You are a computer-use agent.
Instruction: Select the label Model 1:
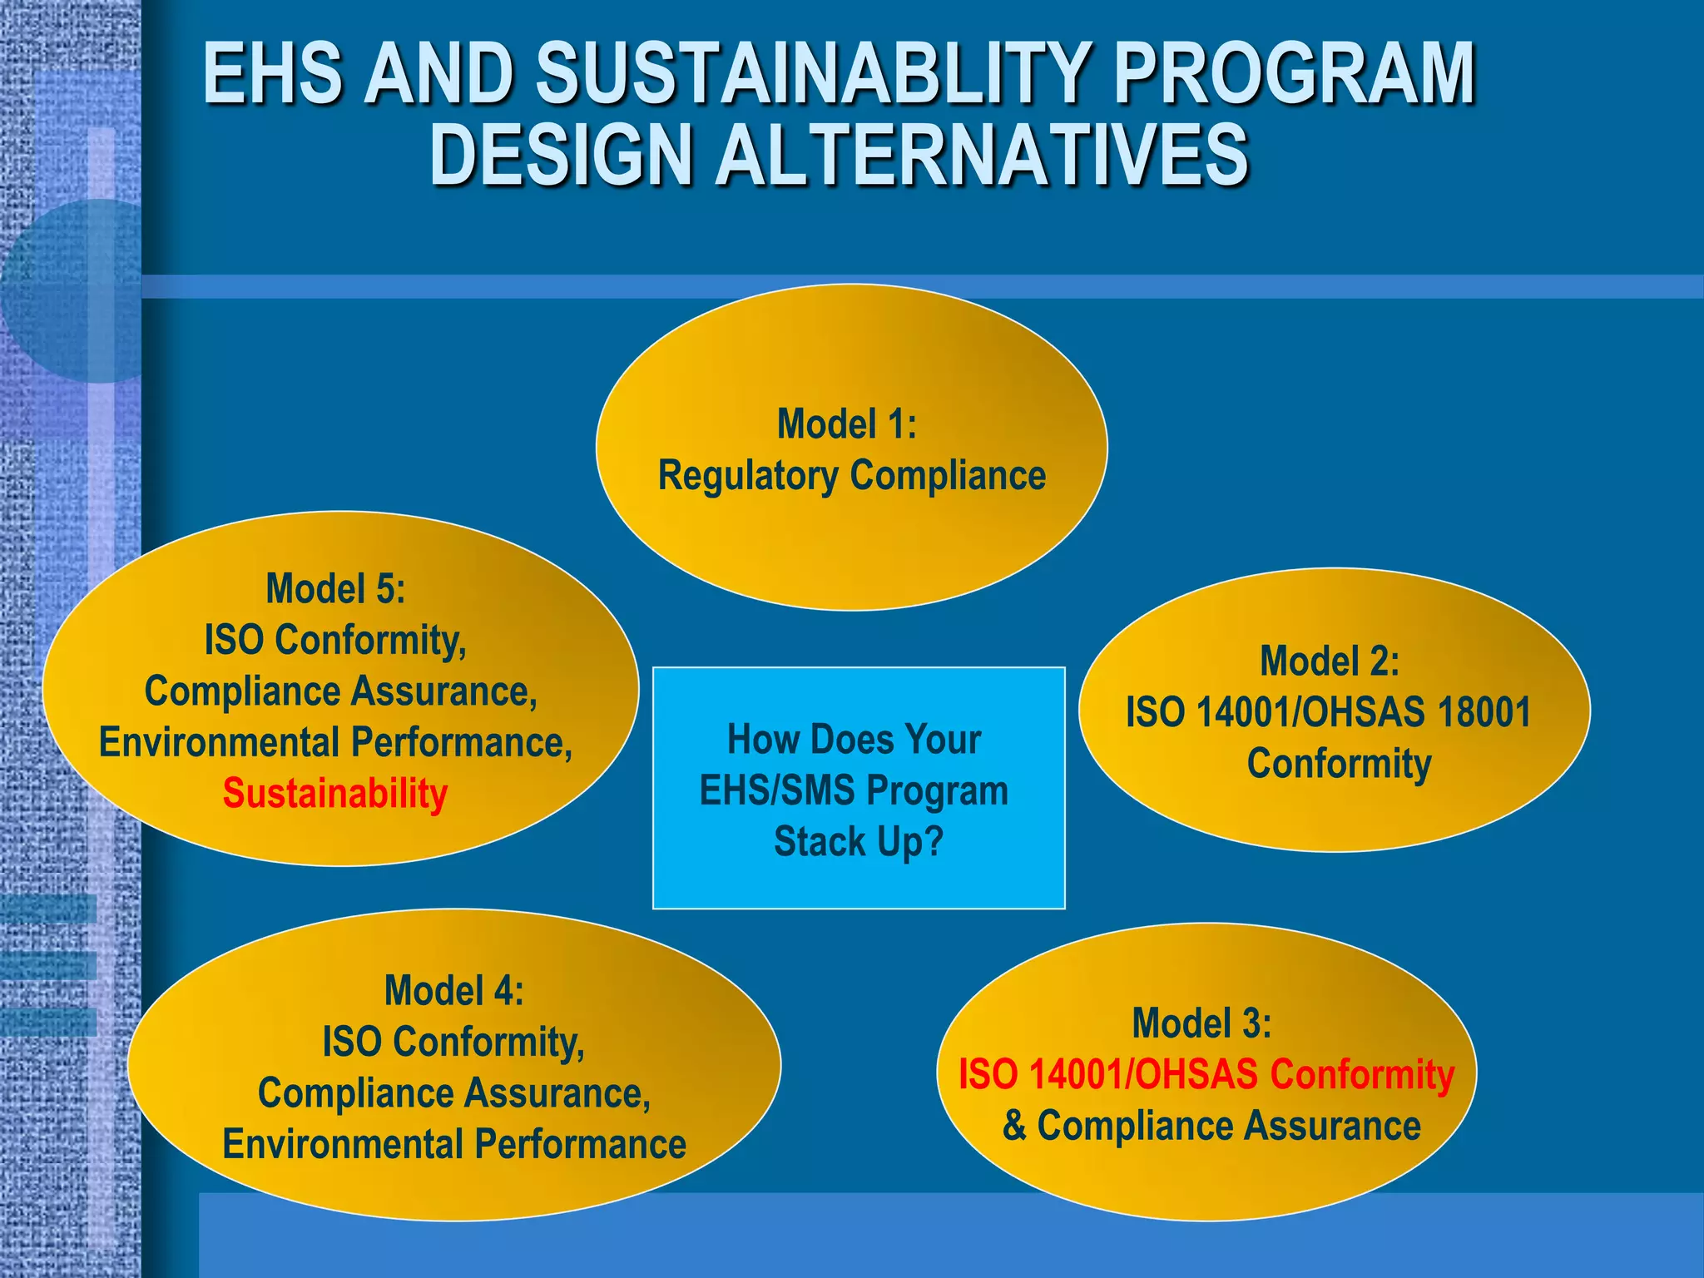pyautogui.click(x=846, y=424)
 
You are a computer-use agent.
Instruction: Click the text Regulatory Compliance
pyautogui.click(x=851, y=476)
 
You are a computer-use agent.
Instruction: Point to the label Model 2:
pyautogui.click(x=1329, y=661)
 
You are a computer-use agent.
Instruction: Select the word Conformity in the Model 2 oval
pyautogui.click(x=1339, y=764)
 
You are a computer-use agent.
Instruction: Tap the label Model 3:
pyautogui.click(x=1201, y=1023)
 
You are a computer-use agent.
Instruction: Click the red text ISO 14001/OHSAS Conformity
pyautogui.click(x=1206, y=1074)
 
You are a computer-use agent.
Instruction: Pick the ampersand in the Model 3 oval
pyautogui.click(x=1014, y=1126)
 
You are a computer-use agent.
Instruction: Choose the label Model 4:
pyautogui.click(x=453, y=991)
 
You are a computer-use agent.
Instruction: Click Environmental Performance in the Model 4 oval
pyautogui.click(x=454, y=1144)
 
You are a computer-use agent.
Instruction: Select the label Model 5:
pyautogui.click(x=335, y=589)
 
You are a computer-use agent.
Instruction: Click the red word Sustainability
pyautogui.click(x=335, y=794)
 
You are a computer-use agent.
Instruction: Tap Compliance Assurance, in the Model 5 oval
pyautogui.click(x=341, y=691)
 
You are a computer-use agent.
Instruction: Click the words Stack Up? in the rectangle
pyautogui.click(x=858, y=842)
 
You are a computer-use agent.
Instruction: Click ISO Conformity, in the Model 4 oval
pyautogui.click(x=453, y=1042)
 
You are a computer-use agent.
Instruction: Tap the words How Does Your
pyautogui.click(x=854, y=740)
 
